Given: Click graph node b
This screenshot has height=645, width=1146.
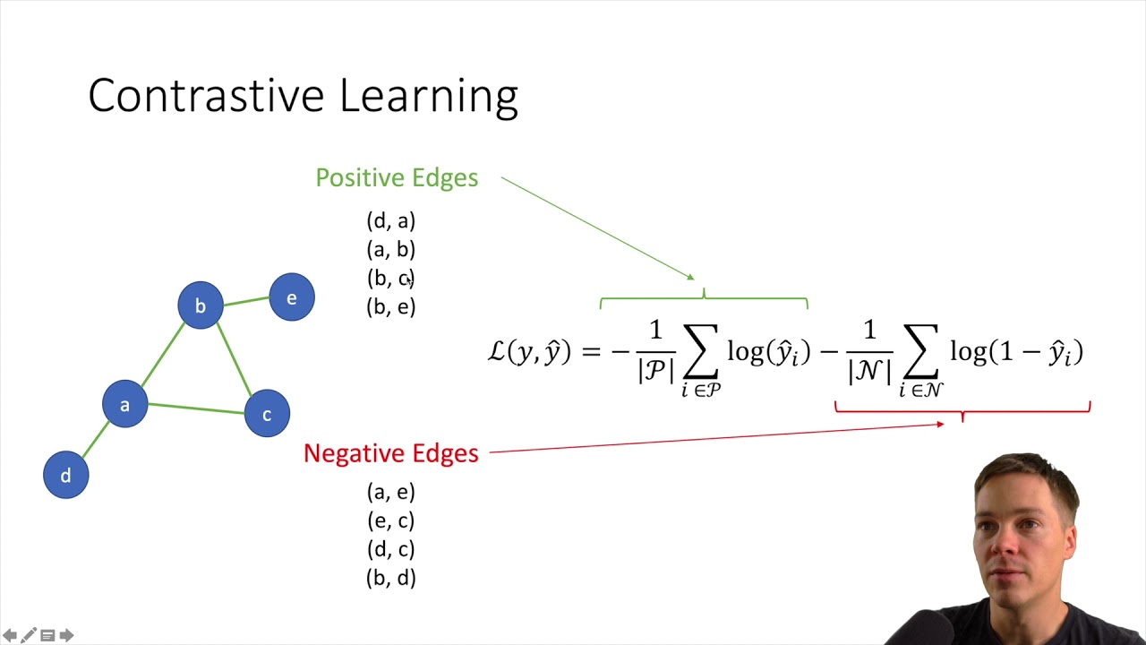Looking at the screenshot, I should (x=201, y=305).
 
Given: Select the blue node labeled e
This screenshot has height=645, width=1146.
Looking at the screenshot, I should (x=292, y=297).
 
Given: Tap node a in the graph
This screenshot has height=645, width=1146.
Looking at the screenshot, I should (x=124, y=404).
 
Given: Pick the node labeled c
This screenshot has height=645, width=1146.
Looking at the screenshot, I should (x=267, y=414).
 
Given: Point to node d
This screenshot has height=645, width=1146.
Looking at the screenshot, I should (x=65, y=475).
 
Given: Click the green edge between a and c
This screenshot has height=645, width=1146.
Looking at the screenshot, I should (x=196, y=408).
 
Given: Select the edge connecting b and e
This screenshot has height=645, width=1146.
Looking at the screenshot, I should (x=246, y=301).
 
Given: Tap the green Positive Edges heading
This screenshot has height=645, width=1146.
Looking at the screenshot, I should (x=397, y=177).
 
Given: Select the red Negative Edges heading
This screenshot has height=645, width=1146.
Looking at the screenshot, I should (x=391, y=453).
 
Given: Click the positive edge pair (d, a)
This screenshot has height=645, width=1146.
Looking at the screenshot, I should (x=391, y=220).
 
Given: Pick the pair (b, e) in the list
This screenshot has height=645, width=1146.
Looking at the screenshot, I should (x=391, y=306).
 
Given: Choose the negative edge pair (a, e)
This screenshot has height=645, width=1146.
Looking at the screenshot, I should (x=391, y=491).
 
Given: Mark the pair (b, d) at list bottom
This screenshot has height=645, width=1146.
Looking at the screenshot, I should (x=391, y=578).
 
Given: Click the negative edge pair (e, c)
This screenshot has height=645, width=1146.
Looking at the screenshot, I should (x=391, y=520).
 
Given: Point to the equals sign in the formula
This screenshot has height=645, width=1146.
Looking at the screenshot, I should (x=590, y=352).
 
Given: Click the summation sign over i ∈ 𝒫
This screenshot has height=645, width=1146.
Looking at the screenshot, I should (x=700, y=352).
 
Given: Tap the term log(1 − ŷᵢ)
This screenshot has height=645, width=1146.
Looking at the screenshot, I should (x=1016, y=351).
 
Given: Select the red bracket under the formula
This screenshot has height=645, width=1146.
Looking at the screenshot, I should (x=962, y=410).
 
